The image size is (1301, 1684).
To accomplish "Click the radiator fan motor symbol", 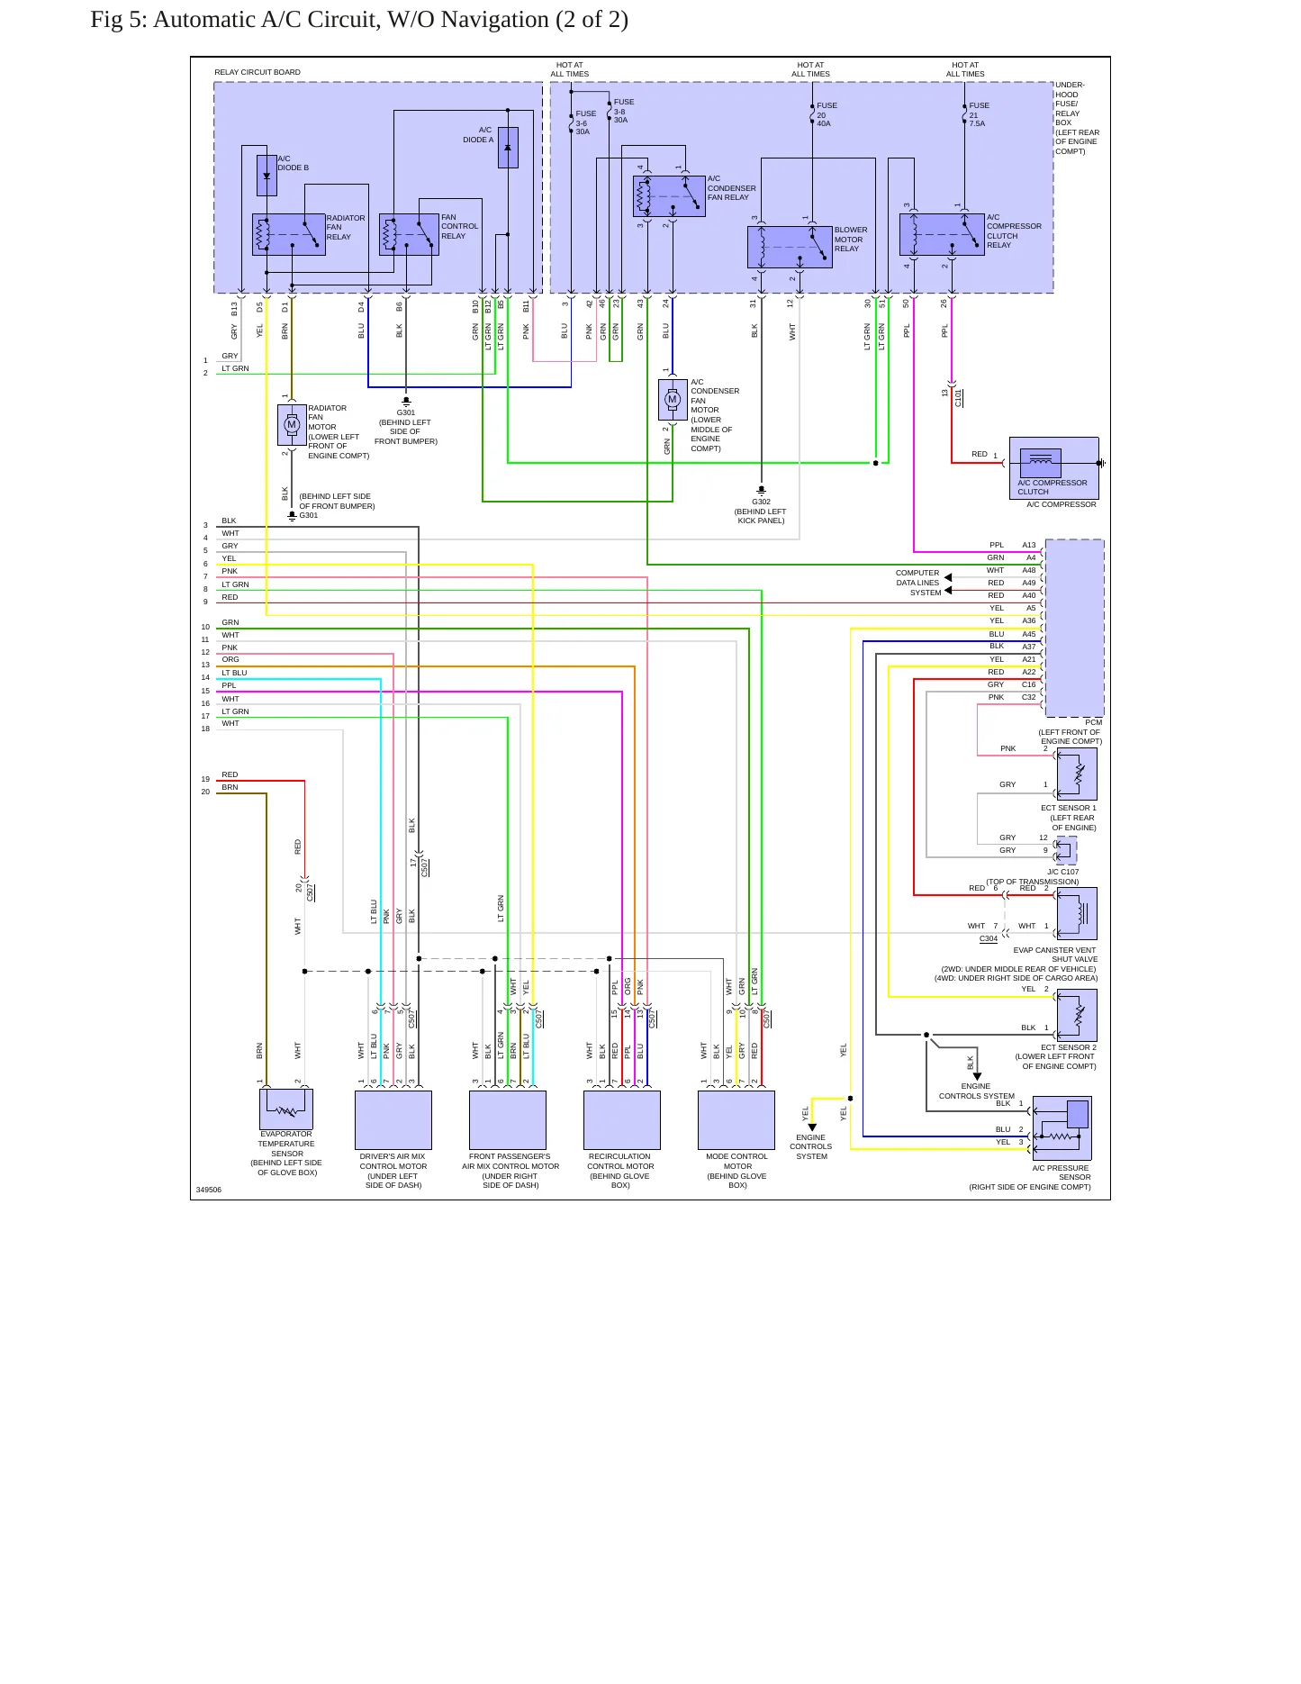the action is coord(292,424).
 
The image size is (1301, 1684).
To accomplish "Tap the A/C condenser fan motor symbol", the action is coord(673,399).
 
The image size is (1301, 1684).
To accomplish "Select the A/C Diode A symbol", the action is coord(508,147).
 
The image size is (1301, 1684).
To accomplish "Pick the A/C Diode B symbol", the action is coord(267,176).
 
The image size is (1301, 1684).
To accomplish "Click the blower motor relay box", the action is coord(790,247).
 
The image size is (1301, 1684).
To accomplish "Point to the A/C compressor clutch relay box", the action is coord(942,234).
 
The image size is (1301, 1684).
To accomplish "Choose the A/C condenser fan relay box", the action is coord(669,196).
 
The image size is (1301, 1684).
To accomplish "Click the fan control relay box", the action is coord(409,234).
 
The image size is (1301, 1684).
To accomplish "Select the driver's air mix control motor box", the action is coord(393,1120).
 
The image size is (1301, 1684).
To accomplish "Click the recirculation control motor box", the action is coord(622,1120).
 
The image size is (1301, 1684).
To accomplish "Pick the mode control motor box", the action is coord(736,1120).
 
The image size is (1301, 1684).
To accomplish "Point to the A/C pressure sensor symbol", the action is coord(1062,1128).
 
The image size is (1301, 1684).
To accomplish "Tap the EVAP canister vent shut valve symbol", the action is coord(1077,914).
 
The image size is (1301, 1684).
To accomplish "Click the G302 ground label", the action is coord(761,502).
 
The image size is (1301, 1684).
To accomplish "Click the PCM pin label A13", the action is coord(1029,545).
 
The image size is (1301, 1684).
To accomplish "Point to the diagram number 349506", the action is coord(209,1190).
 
